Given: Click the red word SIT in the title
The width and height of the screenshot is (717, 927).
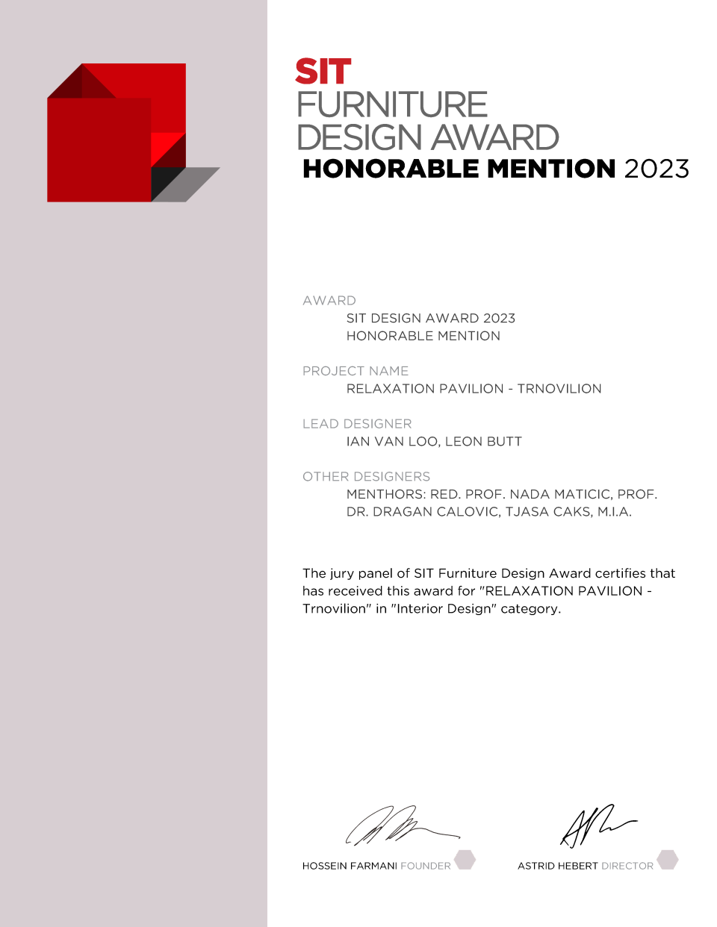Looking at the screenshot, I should coord(323,72).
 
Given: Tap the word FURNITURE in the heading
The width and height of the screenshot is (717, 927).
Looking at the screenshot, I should coord(392,105).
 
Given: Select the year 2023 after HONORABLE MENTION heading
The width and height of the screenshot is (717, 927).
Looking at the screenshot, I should coord(657,169).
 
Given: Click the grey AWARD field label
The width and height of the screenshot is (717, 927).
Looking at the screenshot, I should coord(329,301).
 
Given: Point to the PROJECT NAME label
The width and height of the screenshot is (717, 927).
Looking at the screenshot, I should coord(356,371).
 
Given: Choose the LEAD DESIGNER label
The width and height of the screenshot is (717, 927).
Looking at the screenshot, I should coord(357,424).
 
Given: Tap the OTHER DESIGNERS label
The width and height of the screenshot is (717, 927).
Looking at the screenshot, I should coord(366,477).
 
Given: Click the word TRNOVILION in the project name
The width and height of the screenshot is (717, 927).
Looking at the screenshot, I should coord(559,389).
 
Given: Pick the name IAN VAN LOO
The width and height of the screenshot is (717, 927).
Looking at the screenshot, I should coord(391,442).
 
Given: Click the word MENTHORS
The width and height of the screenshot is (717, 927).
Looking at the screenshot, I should coord(386,495).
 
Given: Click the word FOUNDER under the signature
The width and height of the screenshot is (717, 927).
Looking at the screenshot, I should coord(426,867).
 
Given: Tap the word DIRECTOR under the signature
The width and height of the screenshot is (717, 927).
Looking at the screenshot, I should coord(627,867).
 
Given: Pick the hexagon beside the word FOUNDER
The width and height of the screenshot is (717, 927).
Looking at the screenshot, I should coord(465,860).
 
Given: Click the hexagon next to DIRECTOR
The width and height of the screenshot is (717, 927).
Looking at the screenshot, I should coord(668,860).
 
